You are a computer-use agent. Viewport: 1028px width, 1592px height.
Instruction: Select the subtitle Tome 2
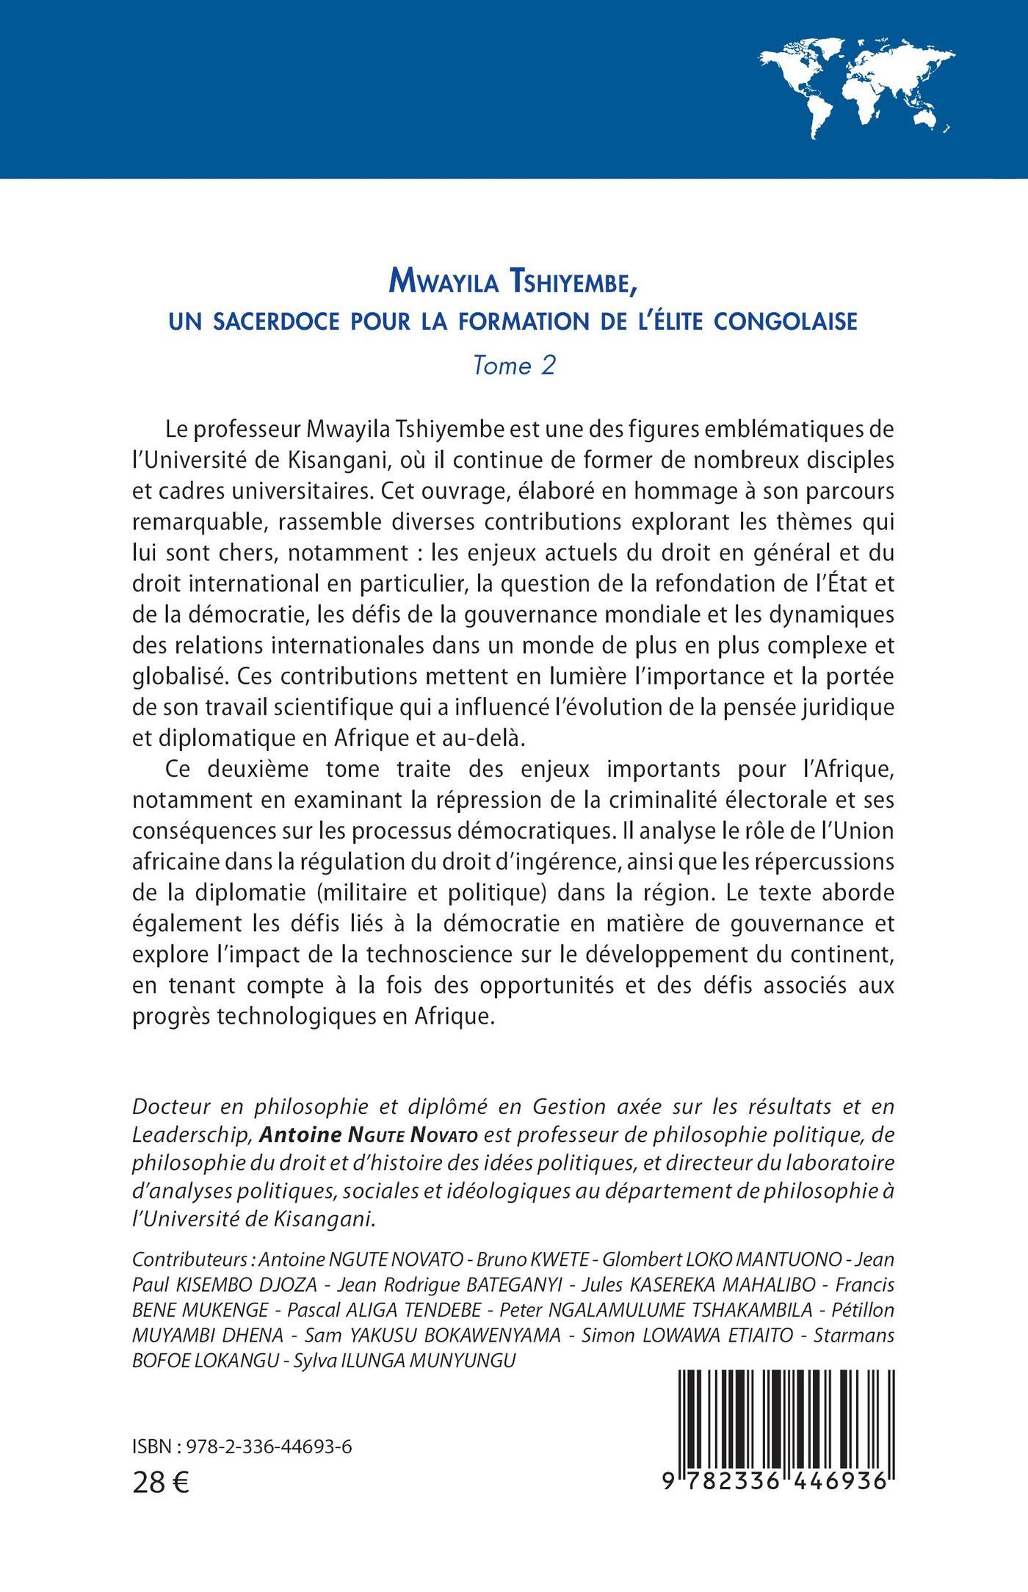click(513, 366)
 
